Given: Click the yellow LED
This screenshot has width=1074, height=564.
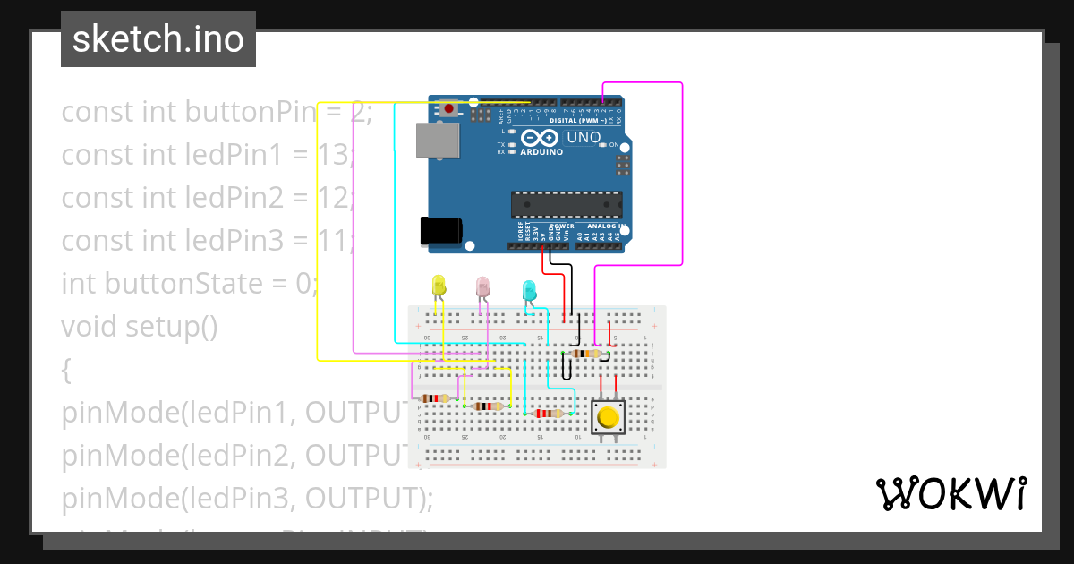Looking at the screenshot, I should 439,286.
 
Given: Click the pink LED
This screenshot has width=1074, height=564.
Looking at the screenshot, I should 482,286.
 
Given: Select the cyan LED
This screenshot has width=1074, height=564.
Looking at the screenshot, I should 529,290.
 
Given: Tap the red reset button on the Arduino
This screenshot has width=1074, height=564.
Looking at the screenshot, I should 448,109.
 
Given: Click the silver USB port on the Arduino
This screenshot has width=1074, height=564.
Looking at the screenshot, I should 437,141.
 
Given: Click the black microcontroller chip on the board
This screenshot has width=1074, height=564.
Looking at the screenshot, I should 566,204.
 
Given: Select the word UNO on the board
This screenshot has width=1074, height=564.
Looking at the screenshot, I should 584,138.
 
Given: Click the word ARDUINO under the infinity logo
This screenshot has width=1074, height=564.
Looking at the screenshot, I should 541,152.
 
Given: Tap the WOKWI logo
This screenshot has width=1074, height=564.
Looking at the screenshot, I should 950,493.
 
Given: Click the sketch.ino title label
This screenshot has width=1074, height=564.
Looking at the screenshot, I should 158,39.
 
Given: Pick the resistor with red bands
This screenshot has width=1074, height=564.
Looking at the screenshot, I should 549,414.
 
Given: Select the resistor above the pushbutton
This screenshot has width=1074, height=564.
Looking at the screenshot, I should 585,354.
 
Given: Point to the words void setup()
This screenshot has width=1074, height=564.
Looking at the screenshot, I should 140,327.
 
